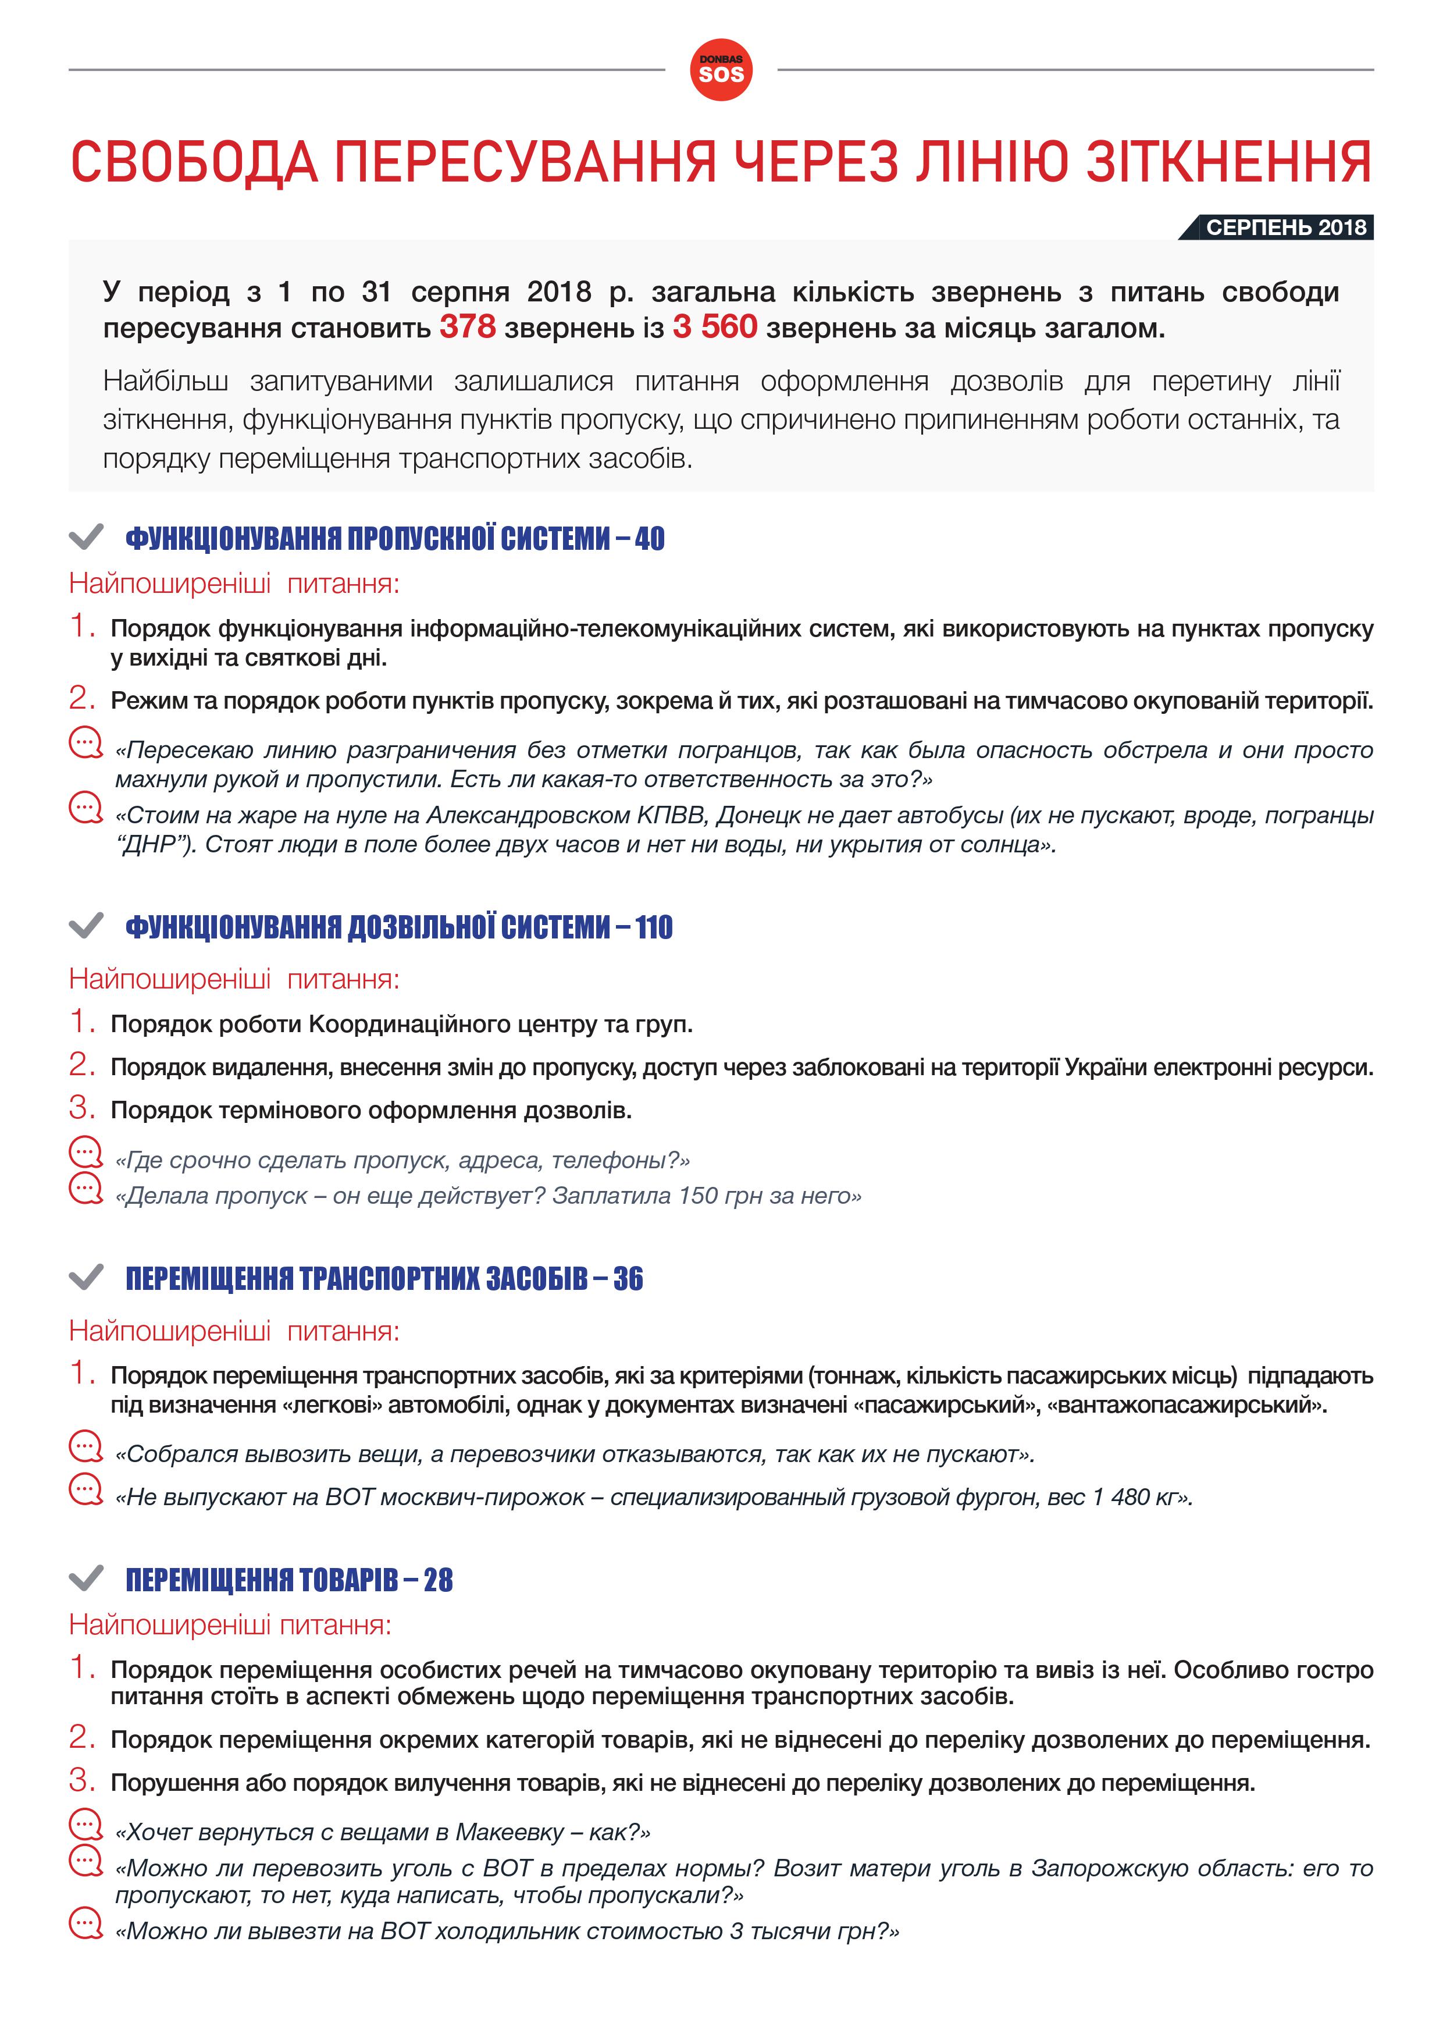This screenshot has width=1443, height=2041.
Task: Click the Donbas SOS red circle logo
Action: click(x=721, y=70)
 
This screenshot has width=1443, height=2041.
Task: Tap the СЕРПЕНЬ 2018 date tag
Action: click(x=1285, y=227)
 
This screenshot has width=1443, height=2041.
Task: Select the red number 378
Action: click(x=468, y=327)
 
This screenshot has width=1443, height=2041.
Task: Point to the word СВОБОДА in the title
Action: click(x=194, y=163)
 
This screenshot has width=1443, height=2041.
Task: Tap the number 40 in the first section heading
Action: click(x=650, y=539)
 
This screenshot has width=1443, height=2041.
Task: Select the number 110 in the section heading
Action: click(x=654, y=927)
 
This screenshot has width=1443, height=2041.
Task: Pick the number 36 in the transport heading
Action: click(x=628, y=1278)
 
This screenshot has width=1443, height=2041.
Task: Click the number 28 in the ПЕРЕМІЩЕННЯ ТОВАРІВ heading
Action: click(x=438, y=1580)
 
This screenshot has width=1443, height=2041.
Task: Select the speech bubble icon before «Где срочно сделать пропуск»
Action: click(x=86, y=1153)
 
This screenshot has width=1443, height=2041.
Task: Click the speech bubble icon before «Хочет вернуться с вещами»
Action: click(x=86, y=1825)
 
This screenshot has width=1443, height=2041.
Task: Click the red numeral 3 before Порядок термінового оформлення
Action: click(x=82, y=1108)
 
